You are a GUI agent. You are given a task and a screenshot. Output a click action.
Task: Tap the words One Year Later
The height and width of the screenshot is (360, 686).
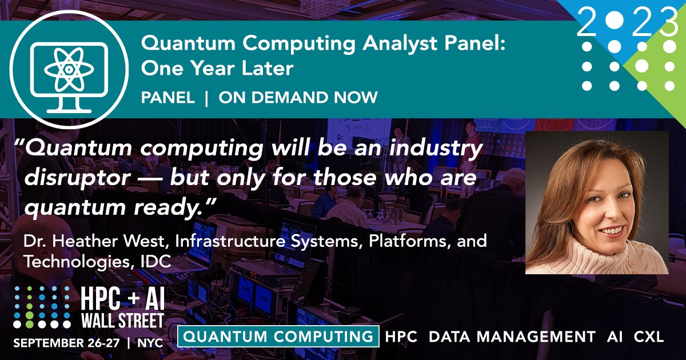[x=217, y=69]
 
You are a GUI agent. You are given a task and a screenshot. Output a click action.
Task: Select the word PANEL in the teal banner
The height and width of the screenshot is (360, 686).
[x=167, y=98]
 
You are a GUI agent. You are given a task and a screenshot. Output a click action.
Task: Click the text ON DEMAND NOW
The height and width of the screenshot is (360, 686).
[x=298, y=98]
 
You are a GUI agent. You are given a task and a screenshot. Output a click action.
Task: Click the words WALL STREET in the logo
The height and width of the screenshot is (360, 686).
[x=121, y=320]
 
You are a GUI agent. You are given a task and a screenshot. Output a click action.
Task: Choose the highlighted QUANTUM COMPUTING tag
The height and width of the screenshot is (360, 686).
[x=279, y=337]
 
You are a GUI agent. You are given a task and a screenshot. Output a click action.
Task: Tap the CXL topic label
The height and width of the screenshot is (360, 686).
[x=648, y=337]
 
